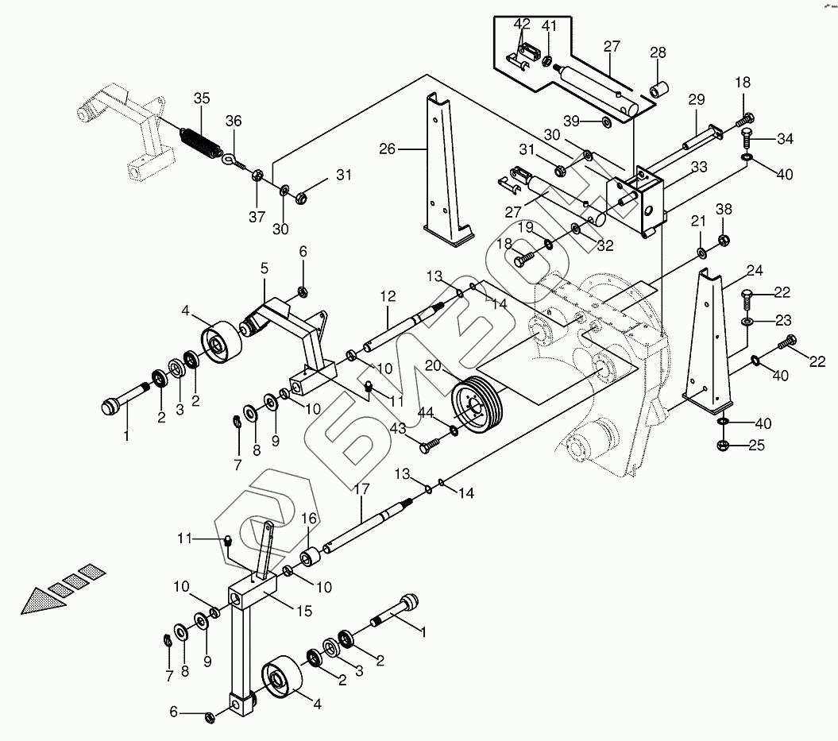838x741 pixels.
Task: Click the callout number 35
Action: tap(202, 98)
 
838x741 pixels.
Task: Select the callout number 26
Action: tap(387, 149)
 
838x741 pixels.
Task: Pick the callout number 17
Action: tap(361, 488)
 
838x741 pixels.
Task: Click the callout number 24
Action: tap(754, 270)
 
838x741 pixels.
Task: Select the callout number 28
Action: tap(658, 52)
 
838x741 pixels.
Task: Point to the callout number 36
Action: tap(233, 121)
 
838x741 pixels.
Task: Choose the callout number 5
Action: tap(265, 268)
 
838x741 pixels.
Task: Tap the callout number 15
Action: tap(304, 611)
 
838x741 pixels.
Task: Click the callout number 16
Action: tap(309, 518)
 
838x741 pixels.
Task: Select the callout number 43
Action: tap(397, 428)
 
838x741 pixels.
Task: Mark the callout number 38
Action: tap(724, 209)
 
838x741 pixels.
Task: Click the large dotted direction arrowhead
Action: tap(43, 600)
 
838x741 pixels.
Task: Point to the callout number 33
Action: tap(699, 167)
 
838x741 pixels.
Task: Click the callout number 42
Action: tap(522, 24)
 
